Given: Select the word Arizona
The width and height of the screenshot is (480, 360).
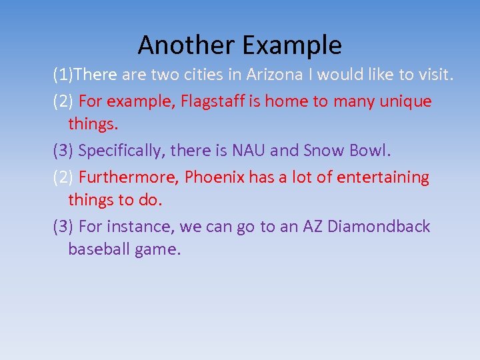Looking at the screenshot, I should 273,75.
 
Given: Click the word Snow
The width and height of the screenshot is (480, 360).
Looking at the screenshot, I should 325,151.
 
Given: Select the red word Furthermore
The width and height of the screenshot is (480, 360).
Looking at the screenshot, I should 129,177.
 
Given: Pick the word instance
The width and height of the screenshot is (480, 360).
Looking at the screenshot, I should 141,227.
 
